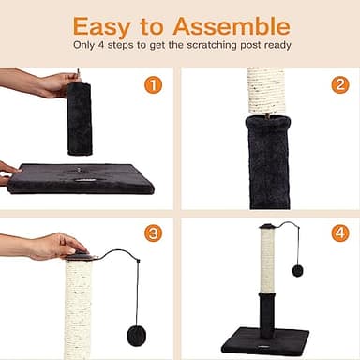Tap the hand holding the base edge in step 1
[7, 170]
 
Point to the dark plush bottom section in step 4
[268, 311]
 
